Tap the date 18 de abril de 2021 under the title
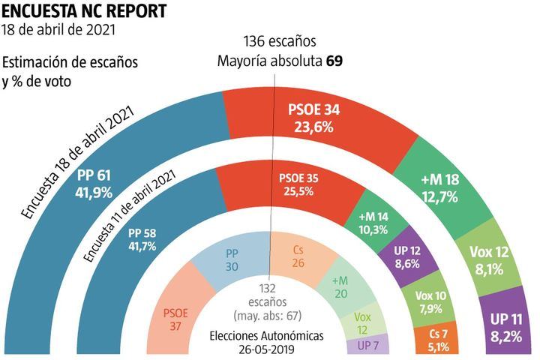click(x=59, y=31)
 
